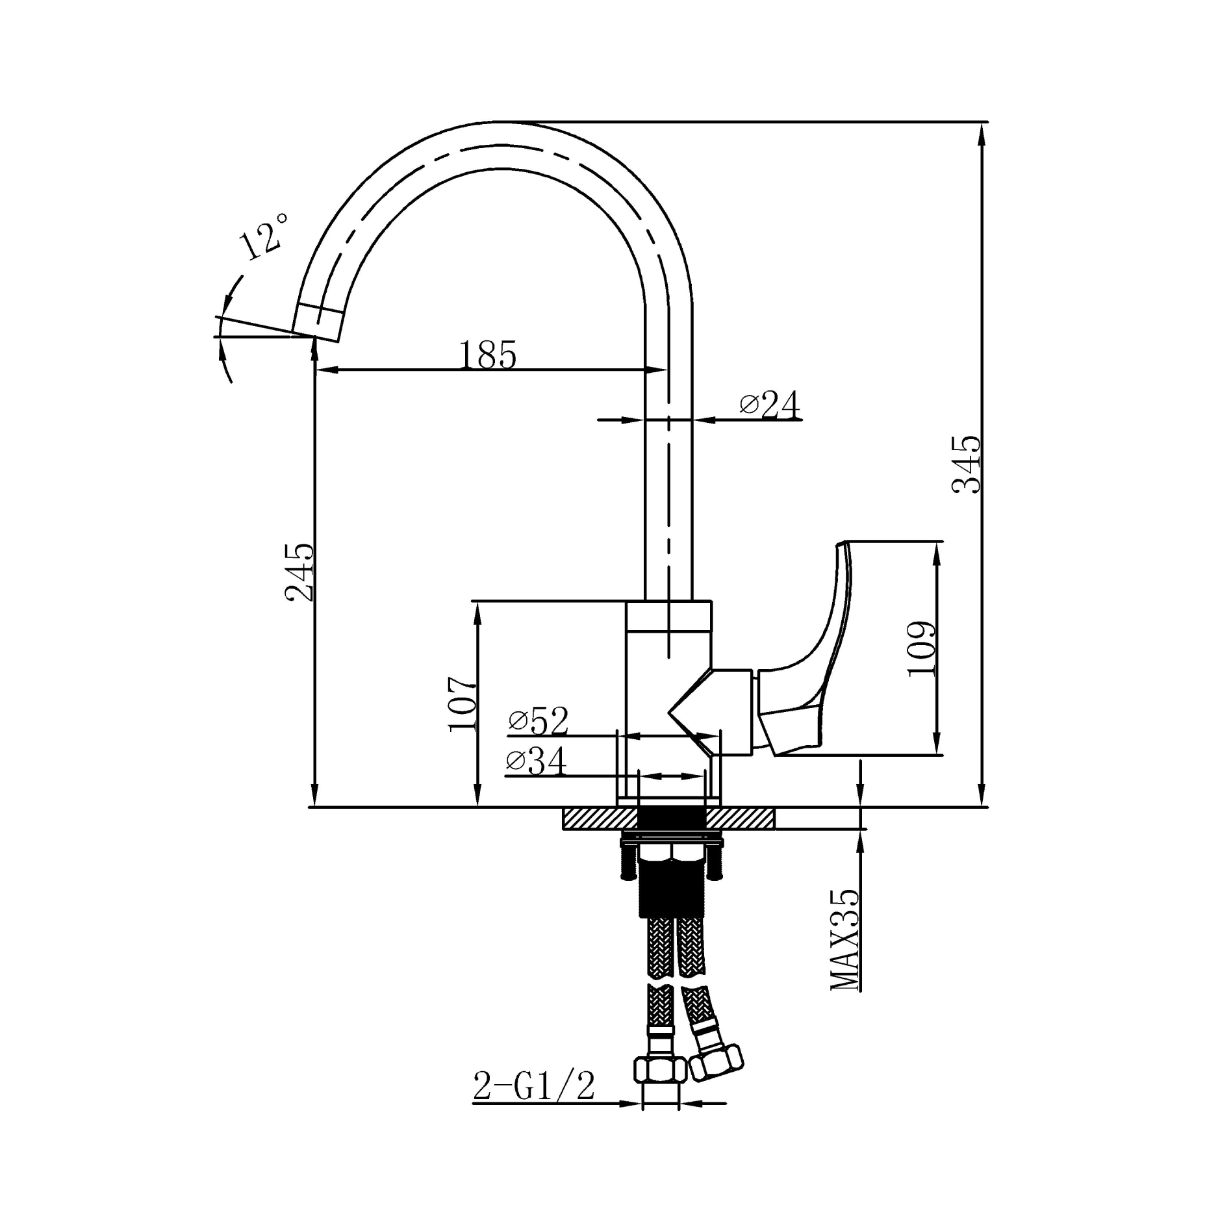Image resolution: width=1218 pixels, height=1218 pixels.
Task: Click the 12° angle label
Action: pos(263,238)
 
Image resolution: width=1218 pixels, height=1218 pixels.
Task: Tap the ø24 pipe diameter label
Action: pos(770,405)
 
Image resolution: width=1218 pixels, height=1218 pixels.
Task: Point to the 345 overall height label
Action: pos(966,465)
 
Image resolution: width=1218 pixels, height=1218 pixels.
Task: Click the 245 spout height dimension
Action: pos(300,572)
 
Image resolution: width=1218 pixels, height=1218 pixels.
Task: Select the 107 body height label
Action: pos(462,705)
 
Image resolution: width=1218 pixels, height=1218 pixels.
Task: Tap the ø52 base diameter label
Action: pos(539,721)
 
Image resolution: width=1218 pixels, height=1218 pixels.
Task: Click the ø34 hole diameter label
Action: pos(537,762)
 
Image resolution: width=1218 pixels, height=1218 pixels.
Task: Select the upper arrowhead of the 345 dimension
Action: pos(981,133)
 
